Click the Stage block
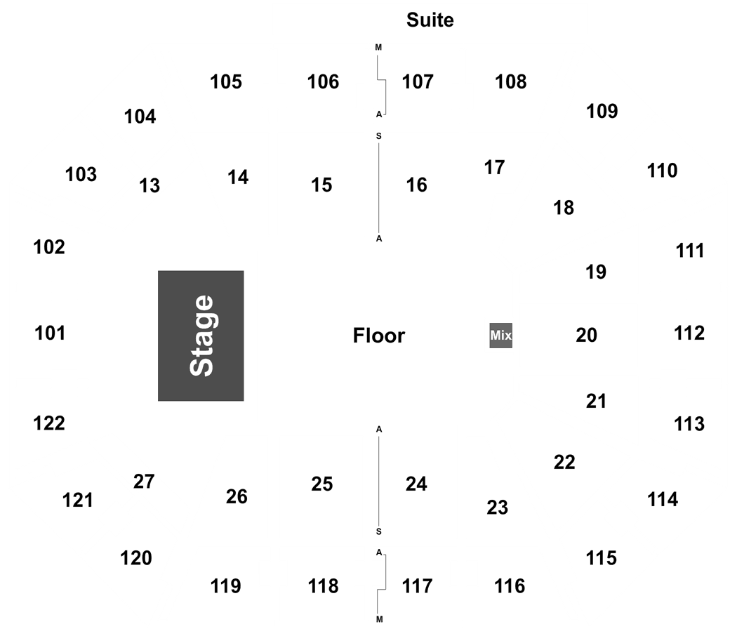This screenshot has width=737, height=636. click(201, 336)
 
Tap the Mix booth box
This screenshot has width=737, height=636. click(500, 336)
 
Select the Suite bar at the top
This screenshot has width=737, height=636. click(430, 20)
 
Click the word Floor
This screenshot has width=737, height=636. click(379, 336)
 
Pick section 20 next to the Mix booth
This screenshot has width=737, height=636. click(585, 335)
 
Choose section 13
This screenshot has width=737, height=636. click(149, 185)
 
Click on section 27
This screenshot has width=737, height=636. click(143, 482)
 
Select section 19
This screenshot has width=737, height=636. click(595, 271)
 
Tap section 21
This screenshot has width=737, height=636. click(595, 401)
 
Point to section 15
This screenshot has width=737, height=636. click(321, 185)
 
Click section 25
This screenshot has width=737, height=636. click(321, 484)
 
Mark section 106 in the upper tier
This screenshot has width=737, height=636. click(324, 82)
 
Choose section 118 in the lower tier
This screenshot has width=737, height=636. click(324, 585)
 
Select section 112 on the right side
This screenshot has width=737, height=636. click(689, 333)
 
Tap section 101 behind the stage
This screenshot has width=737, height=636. click(49, 333)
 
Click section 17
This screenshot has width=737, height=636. click(493, 168)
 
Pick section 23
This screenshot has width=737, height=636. click(496, 507)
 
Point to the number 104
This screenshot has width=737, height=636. click(140, 116)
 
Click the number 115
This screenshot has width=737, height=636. click(602, 558)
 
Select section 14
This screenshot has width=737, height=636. click(239, 178)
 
